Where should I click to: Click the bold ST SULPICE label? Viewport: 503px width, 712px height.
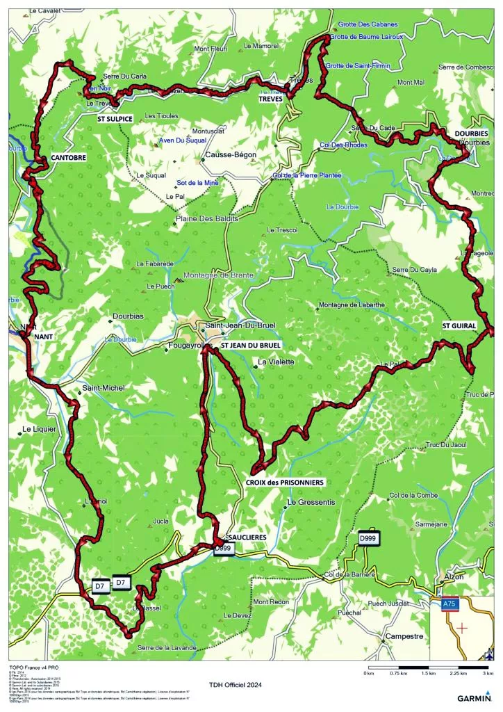coord(115,119)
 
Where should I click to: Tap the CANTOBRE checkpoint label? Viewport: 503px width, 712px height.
coord(68,158)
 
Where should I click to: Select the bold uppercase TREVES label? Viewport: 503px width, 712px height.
coord(272,99)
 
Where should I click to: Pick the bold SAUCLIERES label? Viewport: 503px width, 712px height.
coord(246,537)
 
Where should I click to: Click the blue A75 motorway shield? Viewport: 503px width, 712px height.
coord(449,606)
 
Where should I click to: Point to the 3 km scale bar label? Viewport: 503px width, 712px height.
coord(488,674)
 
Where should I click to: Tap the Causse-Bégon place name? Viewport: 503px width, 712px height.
coord(231,155)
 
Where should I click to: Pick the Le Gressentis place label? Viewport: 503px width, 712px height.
coord(311,502)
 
